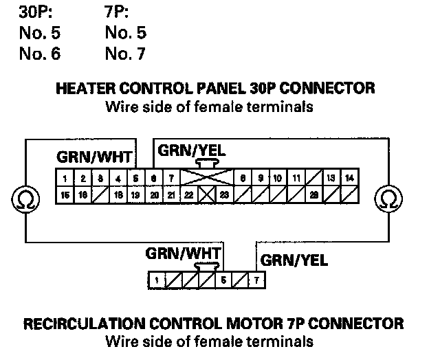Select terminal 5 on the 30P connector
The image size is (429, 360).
(136, 179)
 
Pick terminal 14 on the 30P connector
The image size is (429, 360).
(349, 179)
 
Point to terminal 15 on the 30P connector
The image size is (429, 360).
(64, 195)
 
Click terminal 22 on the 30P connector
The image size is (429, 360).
(188, 195)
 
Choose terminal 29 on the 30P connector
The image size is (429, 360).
(313, 195)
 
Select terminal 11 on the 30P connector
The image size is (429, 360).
(296, 179)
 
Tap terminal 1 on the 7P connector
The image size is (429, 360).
(157, 280)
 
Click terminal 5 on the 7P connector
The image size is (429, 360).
(223, 280)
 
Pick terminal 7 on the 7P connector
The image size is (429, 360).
(257, 280)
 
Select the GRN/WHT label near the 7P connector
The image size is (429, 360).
(177, 252)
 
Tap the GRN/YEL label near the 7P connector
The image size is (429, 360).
(294, 260)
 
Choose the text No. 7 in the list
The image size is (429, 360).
(126, 53)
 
